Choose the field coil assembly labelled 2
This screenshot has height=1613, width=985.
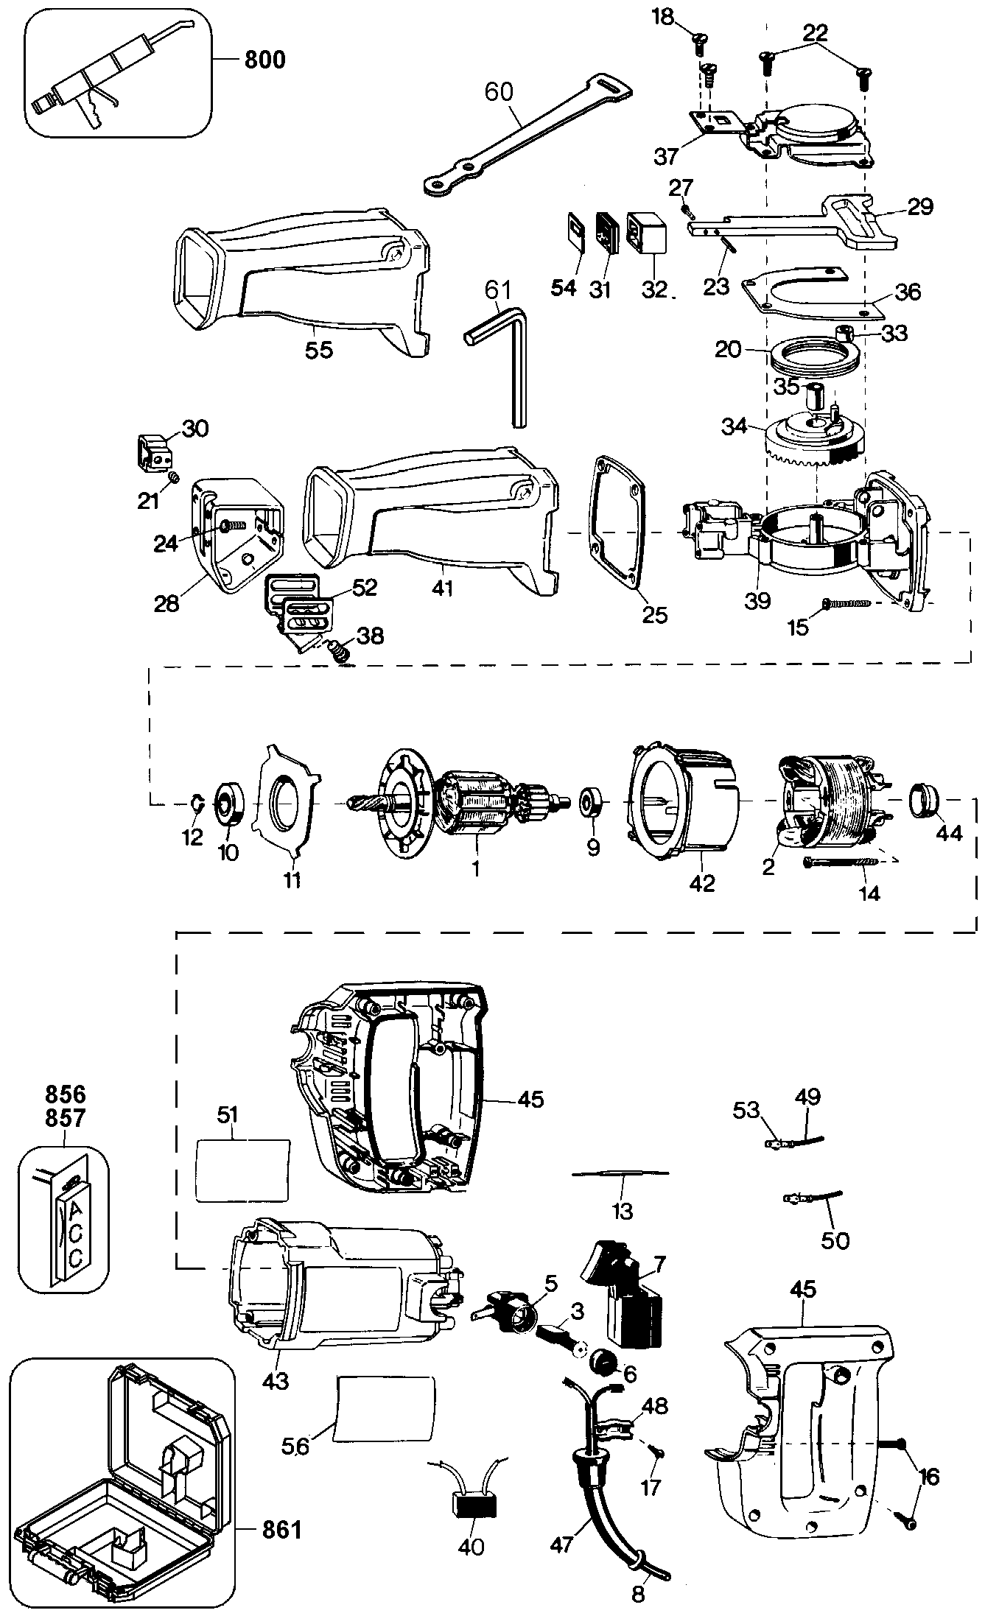[829, 803]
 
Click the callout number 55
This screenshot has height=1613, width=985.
[319, 350]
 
